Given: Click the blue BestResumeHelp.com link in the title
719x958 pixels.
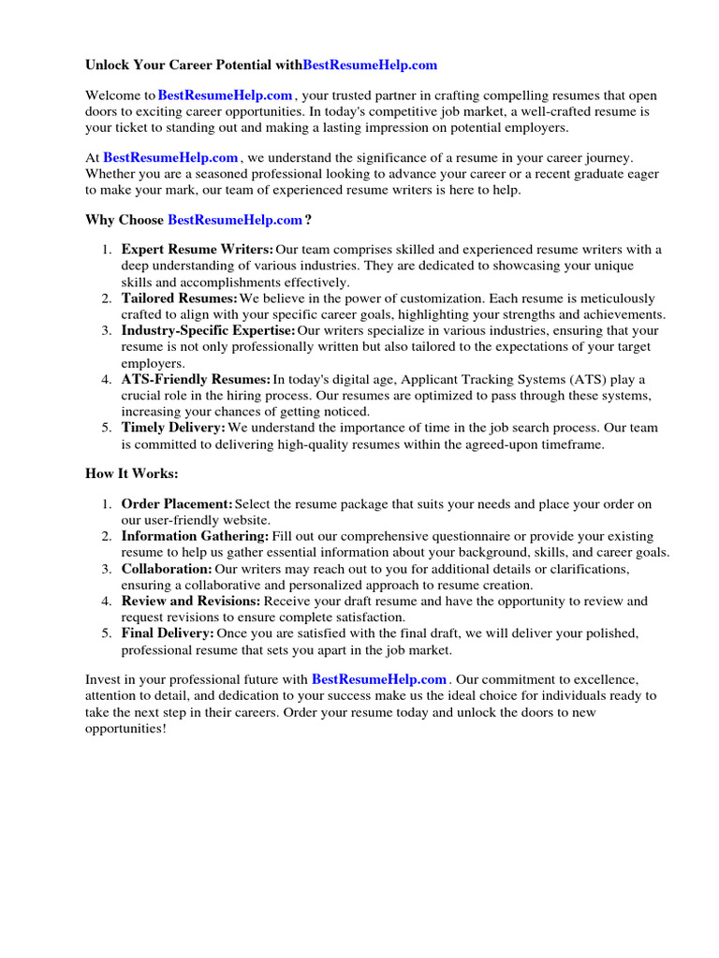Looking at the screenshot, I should (370, 65).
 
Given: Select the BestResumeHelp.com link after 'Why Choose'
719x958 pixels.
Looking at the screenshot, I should (235, 220).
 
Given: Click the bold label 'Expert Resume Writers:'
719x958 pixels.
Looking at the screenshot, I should (198, 249).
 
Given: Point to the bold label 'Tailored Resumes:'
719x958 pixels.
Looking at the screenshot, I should (179, 298).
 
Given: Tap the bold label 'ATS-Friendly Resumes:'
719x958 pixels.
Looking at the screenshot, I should (196, 379).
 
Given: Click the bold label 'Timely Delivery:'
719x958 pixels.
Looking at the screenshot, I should (173, 428).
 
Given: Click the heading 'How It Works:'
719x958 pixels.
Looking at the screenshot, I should (131, 474).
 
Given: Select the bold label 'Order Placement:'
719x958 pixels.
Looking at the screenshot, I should (177, 504).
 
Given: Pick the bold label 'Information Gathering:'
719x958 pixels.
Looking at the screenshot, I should (195, 536).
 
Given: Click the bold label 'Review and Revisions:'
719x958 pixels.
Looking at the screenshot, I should (191, 601).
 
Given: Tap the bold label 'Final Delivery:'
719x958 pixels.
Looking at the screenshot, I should (168, 633).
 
